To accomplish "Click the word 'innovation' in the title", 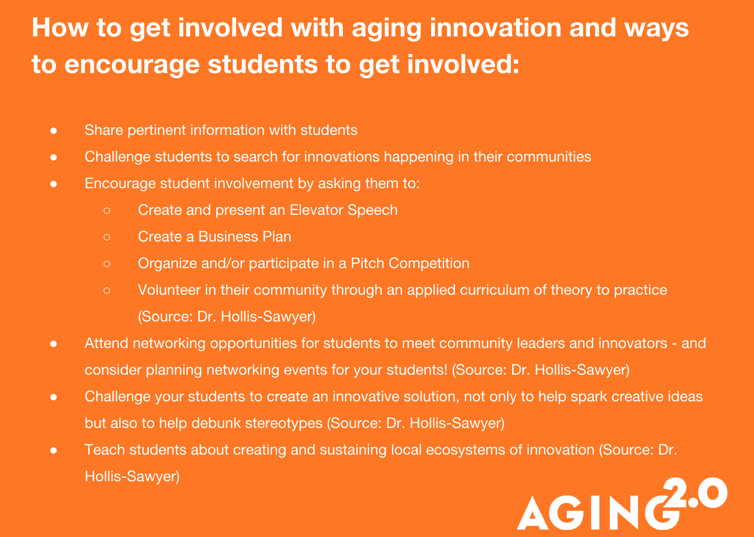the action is point(495,27).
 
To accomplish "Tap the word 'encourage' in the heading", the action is point(132,65).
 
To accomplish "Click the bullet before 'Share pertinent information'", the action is point(53,130).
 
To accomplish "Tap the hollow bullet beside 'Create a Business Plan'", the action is point(107,237).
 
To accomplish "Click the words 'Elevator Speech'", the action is point(344,210).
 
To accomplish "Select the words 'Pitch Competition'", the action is point(410,264).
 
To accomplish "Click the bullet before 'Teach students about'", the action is point(53,450).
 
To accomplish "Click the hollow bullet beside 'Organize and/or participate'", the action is point(107,264).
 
